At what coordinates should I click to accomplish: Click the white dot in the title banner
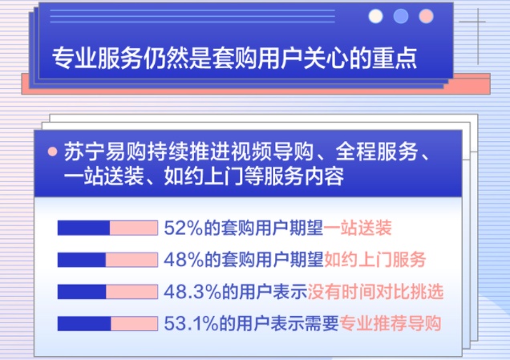(375, 16)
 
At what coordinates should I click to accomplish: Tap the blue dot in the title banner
(401, 16)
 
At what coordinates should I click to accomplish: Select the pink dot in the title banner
(426, 16)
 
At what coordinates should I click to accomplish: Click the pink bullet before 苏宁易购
(52, 152)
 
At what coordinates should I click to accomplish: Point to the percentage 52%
(184, 228)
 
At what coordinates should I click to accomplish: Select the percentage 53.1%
(192, 323)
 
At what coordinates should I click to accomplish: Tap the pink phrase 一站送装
(358, 228)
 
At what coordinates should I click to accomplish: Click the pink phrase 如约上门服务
(375, 260)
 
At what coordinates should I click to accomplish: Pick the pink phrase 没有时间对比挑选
(375, 292)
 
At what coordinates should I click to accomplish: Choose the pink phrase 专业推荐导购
(391, 323)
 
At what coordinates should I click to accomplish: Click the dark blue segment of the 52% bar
(83, 228)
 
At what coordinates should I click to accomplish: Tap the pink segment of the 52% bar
(134, 228)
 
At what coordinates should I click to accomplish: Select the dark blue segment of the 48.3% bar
(82, 291)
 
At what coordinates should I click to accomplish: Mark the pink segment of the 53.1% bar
(135, 323)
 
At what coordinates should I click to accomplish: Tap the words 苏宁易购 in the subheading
(104, 152)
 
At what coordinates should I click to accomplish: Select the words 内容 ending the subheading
(324, 176)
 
